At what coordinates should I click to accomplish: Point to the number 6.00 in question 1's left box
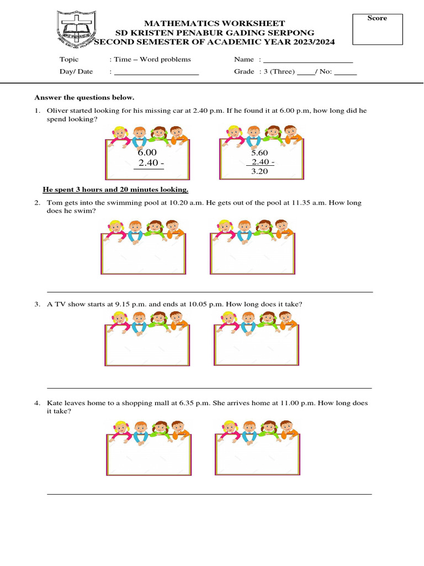point(147,153)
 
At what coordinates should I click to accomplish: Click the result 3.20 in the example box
point(259,171)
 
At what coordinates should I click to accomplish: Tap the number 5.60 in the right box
point(259,153)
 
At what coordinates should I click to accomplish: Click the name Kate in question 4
point(55,403)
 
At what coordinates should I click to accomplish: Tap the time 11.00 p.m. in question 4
point(298,403)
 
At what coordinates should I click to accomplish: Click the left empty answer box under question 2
point(144,254)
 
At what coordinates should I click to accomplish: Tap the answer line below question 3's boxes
point(210,387)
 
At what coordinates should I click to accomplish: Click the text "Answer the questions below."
point(84,97)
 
